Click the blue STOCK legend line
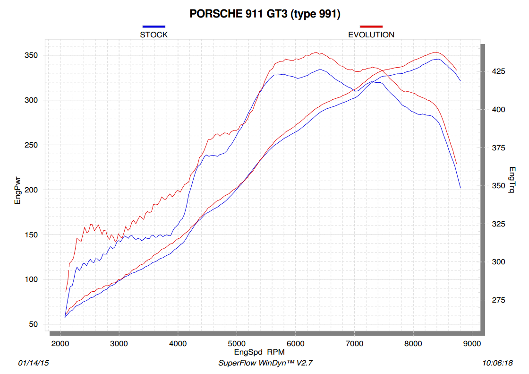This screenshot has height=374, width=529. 154,26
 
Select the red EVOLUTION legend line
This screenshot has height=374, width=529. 371,26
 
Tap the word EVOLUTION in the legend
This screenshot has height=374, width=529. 371,35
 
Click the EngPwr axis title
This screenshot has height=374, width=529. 18,190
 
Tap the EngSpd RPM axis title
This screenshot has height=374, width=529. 259,352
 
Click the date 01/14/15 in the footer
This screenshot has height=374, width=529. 33,363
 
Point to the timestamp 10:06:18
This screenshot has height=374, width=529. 497,363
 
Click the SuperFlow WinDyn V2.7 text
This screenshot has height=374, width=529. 266,363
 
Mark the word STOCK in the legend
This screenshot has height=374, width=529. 154,35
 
